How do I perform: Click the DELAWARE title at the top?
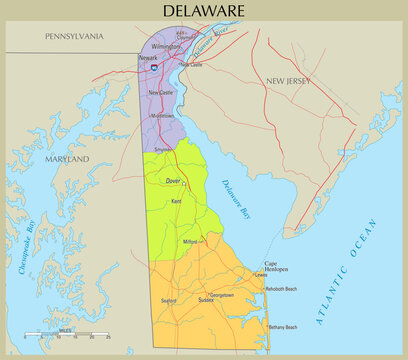pyautogui.click(x=204, y=11)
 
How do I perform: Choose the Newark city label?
pyautogui.click(x=147, y=58)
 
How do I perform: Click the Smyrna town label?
pyautogui.click(x=162, y=150)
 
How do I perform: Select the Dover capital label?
pyautogui.click(x=173, y=181)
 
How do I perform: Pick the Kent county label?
pyautogui.click(x=176, y=202)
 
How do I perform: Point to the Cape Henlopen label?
pyautogui.click(x=278, y=267)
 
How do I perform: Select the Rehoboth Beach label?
pyautogui.click(x=278, y=289)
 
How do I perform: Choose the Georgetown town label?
pyautogui.click(x=222, y=295)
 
